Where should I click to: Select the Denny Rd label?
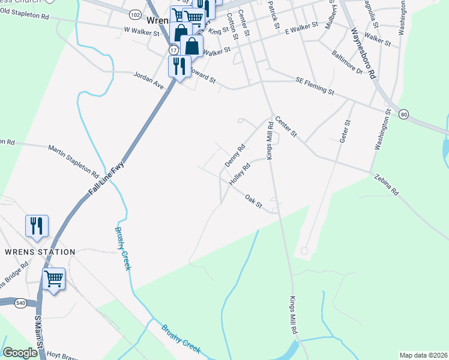235,156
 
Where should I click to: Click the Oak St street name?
254,201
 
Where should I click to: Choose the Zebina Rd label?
386,184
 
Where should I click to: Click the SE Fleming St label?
315,86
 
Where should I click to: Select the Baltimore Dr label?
347,62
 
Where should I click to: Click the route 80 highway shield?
403,114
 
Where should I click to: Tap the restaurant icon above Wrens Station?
37,225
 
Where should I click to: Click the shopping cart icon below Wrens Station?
54,278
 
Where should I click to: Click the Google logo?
20,353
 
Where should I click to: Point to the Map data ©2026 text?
423,355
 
